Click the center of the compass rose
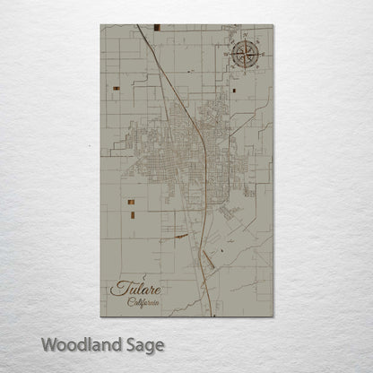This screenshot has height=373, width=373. pos(244,55)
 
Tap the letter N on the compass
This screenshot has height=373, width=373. pos(244,36)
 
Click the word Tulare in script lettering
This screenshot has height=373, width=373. pos(134,290)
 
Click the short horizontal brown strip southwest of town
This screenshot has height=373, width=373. pos(182,237)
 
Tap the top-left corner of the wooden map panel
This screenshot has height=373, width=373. pos(101,25)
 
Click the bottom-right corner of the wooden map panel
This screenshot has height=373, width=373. pos(272,317)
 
